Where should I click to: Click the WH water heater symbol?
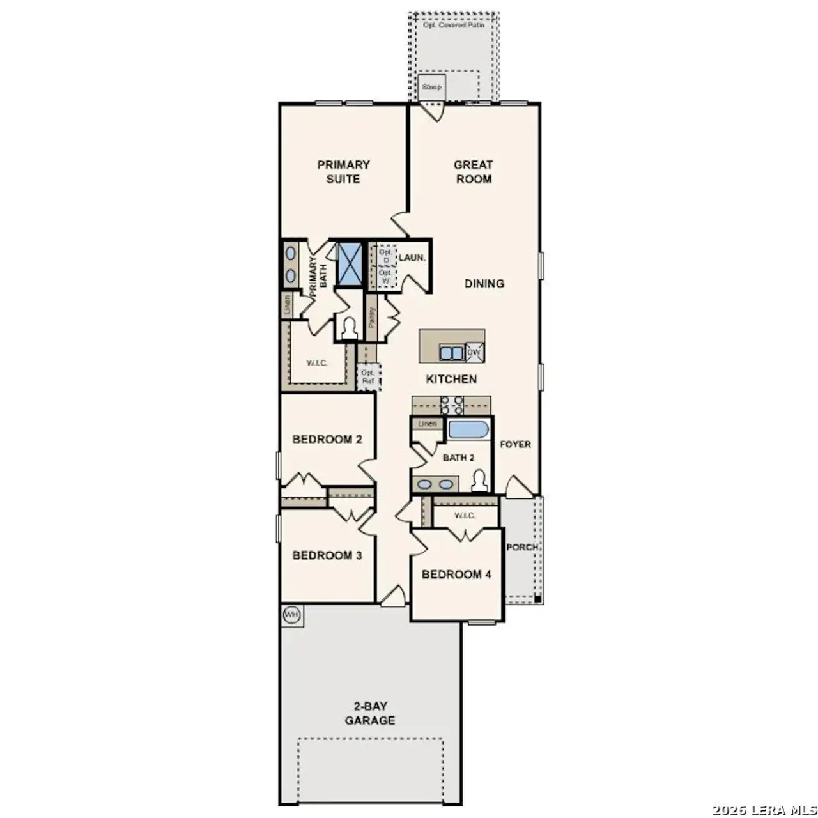pos(291,615)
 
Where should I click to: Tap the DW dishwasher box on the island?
pos(474,352)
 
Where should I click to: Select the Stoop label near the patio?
pos(431,87)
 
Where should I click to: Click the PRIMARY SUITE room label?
pos(343,172)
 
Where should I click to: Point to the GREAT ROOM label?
pos(474,172)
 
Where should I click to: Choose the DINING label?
pos(484,283)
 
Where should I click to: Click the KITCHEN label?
pos(451,379)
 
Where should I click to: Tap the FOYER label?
pos(515,444)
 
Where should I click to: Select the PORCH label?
pos(522,547)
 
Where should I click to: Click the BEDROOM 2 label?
pos(327,439)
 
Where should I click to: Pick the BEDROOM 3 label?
pos(327,555)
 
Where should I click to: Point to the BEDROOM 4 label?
pos(456,575)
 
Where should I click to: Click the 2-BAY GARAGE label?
pos(370,714)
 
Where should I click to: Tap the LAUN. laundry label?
pos(412,258)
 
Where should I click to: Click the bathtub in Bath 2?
pos(468,429)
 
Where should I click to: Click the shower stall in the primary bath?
pos(350,262)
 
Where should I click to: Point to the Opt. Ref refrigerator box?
pos(368,376)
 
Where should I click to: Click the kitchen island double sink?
pos(451,353)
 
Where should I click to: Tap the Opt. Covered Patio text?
pos(453,25)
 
